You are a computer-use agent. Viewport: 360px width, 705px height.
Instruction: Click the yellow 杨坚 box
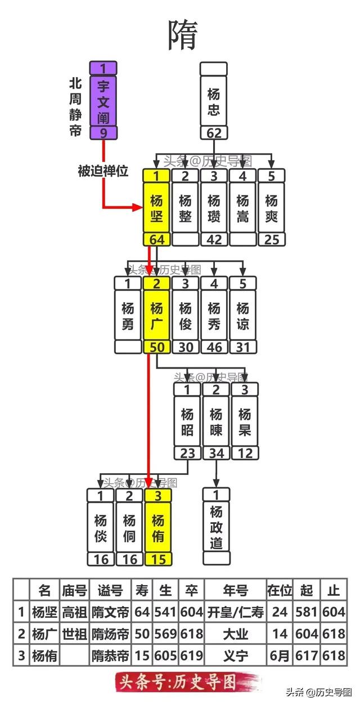pyautogui.click(x=157, y=208)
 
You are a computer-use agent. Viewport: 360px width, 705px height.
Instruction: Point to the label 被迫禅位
pyautogui.click(x=103, y=171)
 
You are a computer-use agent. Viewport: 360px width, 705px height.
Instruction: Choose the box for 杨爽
pyautogui.click(x=272, y=208)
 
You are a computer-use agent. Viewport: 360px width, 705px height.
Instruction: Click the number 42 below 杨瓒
pyautogui.click(x=214, y=239)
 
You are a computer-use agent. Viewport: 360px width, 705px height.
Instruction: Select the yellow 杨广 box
pyautogui.click(x=157, y=316)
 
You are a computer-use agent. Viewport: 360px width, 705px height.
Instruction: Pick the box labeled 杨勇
pyautogui.click(x=128, y=316)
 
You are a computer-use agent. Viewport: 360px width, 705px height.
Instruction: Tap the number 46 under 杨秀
pyautogui.click(x=214, y=347)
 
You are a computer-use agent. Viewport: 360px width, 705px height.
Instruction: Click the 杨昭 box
pyautogui.click(x=187, y=422)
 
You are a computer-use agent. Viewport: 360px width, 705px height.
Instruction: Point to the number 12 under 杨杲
pyautogui.click(x=245, y=453)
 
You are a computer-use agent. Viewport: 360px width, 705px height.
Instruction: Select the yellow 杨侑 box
pyautogui.click(x=158, y=528)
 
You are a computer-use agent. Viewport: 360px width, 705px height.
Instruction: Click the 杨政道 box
pyautogui.click(x=216, y=528)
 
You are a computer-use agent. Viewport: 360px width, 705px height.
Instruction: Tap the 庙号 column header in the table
pyautogui.click(x=74, y=590)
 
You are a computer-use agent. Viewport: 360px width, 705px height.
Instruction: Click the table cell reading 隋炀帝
pyautogui.click(x=111, y=634)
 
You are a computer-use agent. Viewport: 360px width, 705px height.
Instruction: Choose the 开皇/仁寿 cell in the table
pyautogui.click(x=235, y=612)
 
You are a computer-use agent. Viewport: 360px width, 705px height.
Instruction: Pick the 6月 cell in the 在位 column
pyautogui.click(x=280, y=655)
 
